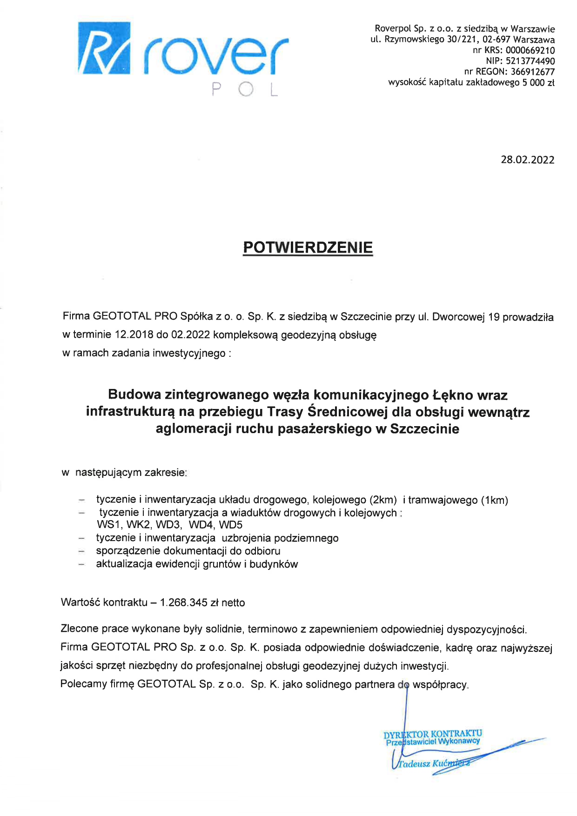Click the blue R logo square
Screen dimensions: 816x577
104,48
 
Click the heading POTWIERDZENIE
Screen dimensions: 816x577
308,247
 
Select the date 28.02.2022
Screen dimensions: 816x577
527,160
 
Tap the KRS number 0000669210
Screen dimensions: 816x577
530,50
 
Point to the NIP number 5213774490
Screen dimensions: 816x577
530,61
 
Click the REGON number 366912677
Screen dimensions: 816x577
532,72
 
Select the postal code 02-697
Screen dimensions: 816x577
496,40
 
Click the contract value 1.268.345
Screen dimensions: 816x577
183,602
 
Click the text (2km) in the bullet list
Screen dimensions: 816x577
383,500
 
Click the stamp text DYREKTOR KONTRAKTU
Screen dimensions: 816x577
433,734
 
